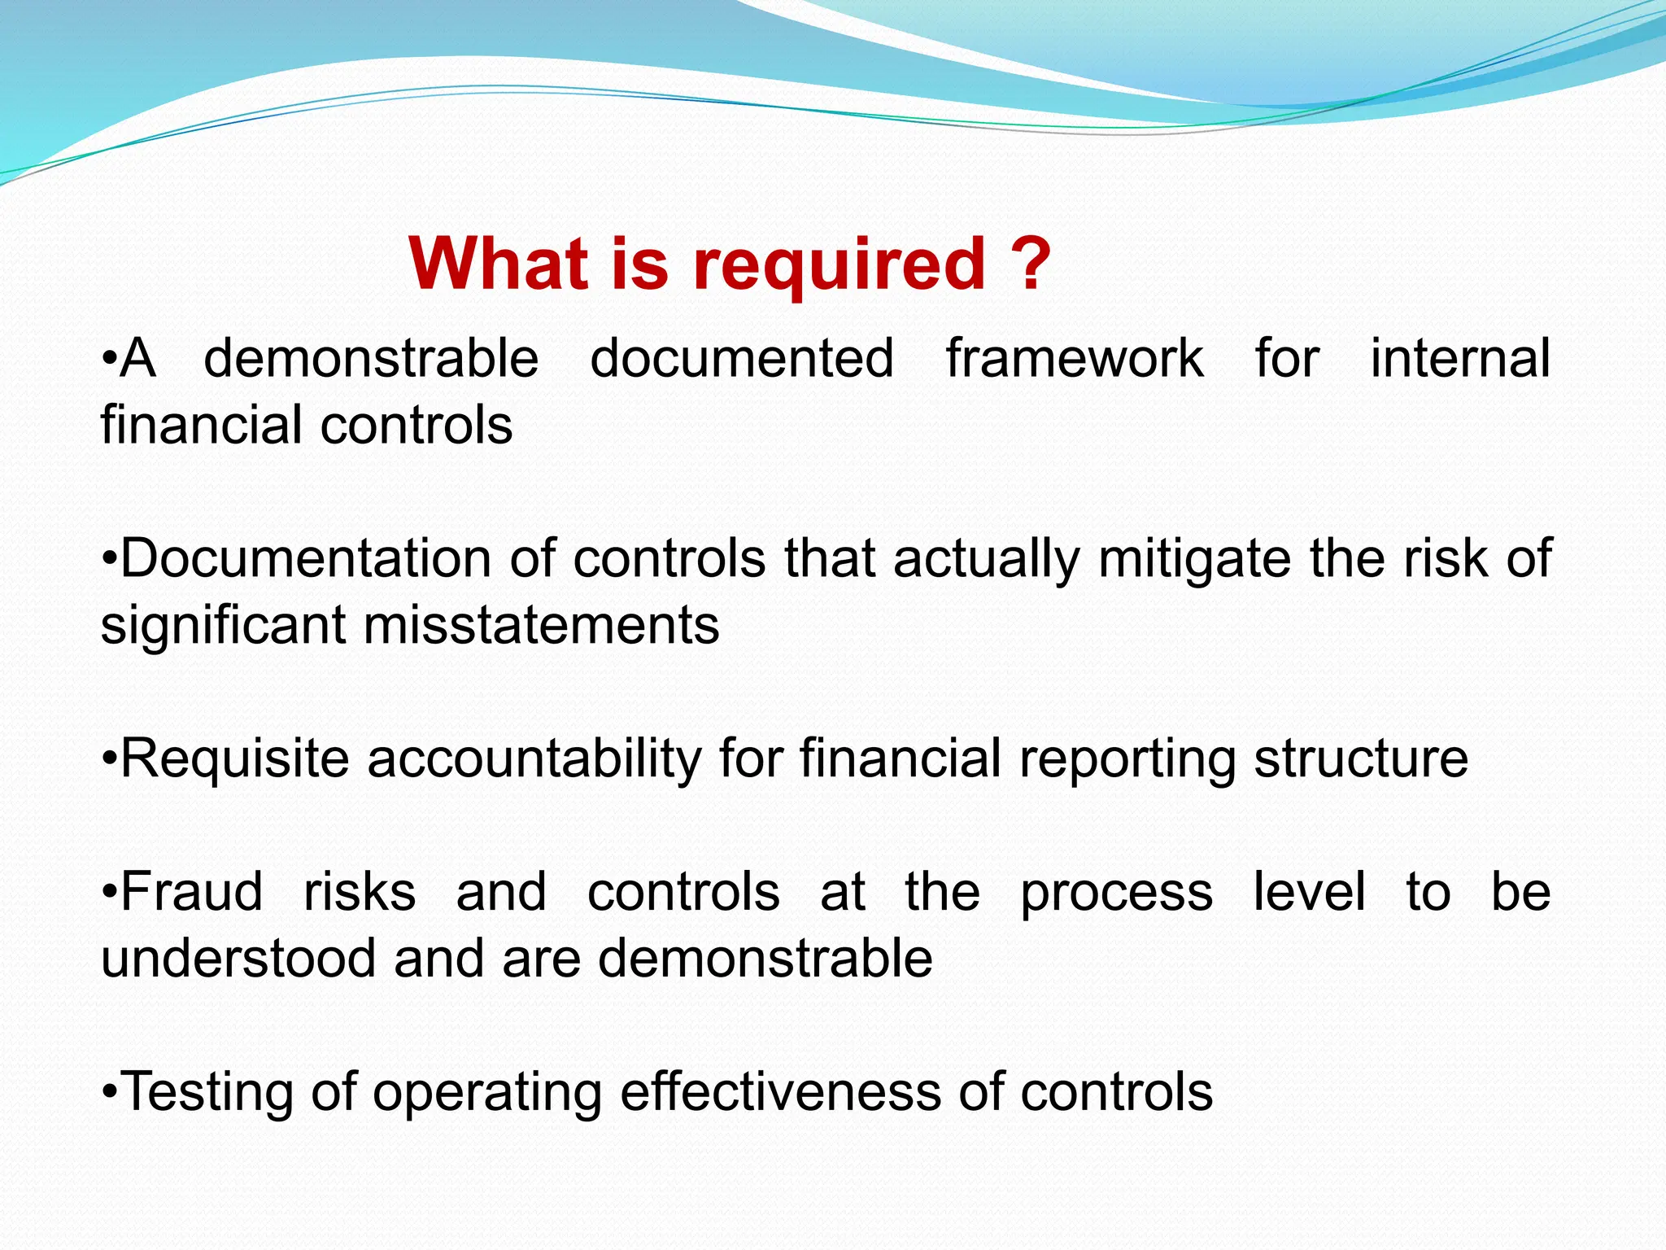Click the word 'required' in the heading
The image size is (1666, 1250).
pyautogui.click(x=840, y=267)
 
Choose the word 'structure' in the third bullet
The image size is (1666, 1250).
pyautogui.click(x=1361, y=758)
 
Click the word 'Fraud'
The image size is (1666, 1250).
pyautogui.click(x=192, y=891)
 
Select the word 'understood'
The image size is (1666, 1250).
pyautogui.click(x=238, y=958)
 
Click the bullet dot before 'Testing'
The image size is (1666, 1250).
pyautogui.click(x=111, y=1092)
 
